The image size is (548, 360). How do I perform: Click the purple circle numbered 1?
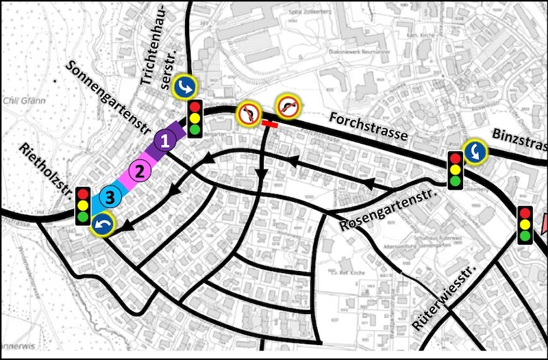tap(164, 141)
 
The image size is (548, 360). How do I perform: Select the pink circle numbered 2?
tap(140, 170)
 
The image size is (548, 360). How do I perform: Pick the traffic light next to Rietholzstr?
tap(84, 205)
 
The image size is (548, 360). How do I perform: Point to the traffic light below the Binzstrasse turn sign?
tap(456, 170)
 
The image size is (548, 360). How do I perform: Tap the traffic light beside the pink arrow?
tap(525, 224)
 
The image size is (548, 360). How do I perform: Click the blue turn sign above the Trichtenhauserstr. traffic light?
tap(184, 86)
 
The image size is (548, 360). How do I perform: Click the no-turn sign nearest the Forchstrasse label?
tap(288, 106)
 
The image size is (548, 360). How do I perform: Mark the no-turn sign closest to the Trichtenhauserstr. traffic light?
tap(247, 114)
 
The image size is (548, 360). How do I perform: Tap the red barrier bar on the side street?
tap(269, 125)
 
